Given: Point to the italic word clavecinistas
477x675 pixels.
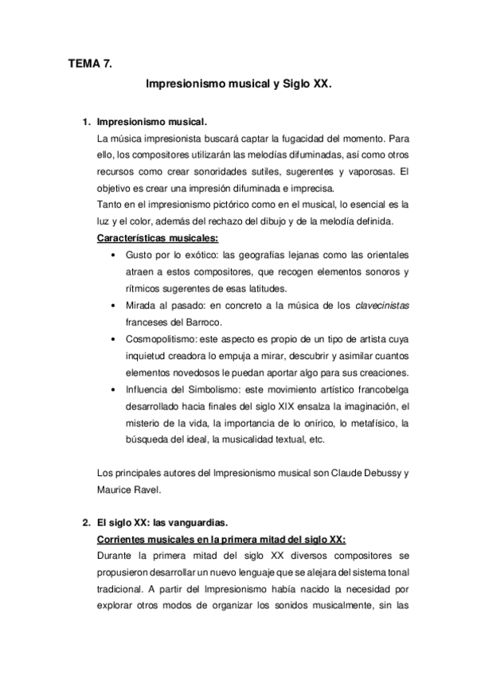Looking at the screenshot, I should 378,305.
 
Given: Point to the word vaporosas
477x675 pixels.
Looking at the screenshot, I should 366,171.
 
